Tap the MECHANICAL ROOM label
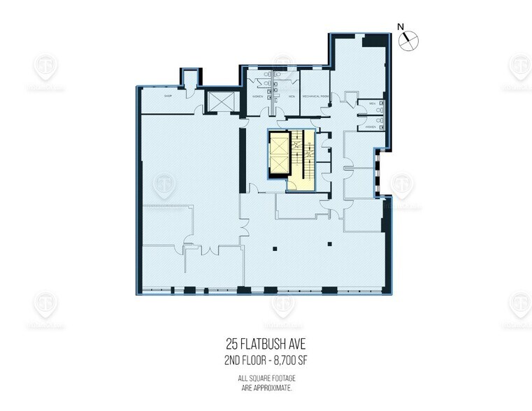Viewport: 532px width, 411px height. tap(316, 96)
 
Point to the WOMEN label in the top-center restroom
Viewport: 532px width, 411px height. tap(258, 96)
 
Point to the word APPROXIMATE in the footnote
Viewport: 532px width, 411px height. tap(282, 386)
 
